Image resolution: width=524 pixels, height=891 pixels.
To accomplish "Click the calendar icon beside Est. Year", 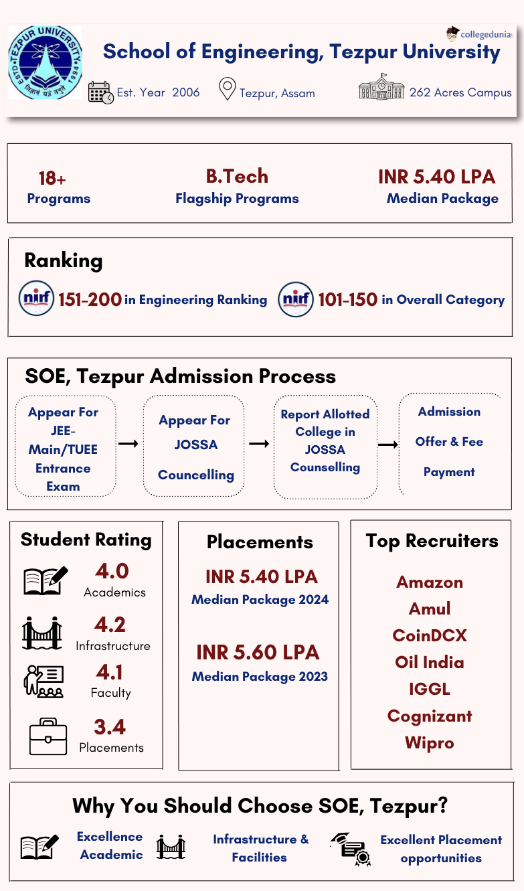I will [x=100, y=92].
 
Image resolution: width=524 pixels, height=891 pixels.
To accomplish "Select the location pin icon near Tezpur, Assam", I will [x=228, y=89].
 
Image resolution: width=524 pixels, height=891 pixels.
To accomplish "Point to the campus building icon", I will [x=381, y=88].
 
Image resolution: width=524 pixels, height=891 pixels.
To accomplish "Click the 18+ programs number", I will [x=52, y=179].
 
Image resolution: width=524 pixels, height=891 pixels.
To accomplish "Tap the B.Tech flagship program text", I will [x=237, y=177].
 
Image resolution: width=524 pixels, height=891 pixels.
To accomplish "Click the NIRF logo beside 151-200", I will [x=36, y=299].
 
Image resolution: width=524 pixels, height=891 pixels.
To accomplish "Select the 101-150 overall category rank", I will [x=347, y=300].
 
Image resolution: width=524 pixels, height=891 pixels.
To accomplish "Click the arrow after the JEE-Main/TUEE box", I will [x=128, y=443].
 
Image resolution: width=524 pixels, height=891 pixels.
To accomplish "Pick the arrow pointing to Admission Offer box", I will [x=388, y=444].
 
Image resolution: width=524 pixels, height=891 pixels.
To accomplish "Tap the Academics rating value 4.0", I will [x=112, y=572].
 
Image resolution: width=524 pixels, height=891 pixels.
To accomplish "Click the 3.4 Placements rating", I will [x=110, y=727].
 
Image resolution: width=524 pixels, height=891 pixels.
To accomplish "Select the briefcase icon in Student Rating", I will [x=48, y=736].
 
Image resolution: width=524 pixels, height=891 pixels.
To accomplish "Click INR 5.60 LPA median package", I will [x=258, y=653].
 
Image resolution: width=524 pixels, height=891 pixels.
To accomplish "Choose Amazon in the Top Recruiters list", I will [x=430, y=582].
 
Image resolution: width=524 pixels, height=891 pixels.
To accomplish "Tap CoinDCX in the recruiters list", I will [x=430, y=635].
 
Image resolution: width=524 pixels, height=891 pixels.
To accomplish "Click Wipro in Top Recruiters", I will [x=430, y=743].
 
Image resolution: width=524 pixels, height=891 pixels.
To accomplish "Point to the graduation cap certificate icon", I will [x=351, y=848].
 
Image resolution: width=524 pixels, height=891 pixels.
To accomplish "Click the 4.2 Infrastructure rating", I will [x=110, y=625].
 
